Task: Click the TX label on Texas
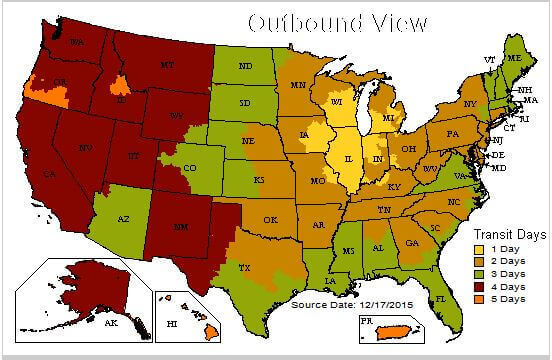click(x=244, y=268)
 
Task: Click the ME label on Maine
click(x=514, y=59)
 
